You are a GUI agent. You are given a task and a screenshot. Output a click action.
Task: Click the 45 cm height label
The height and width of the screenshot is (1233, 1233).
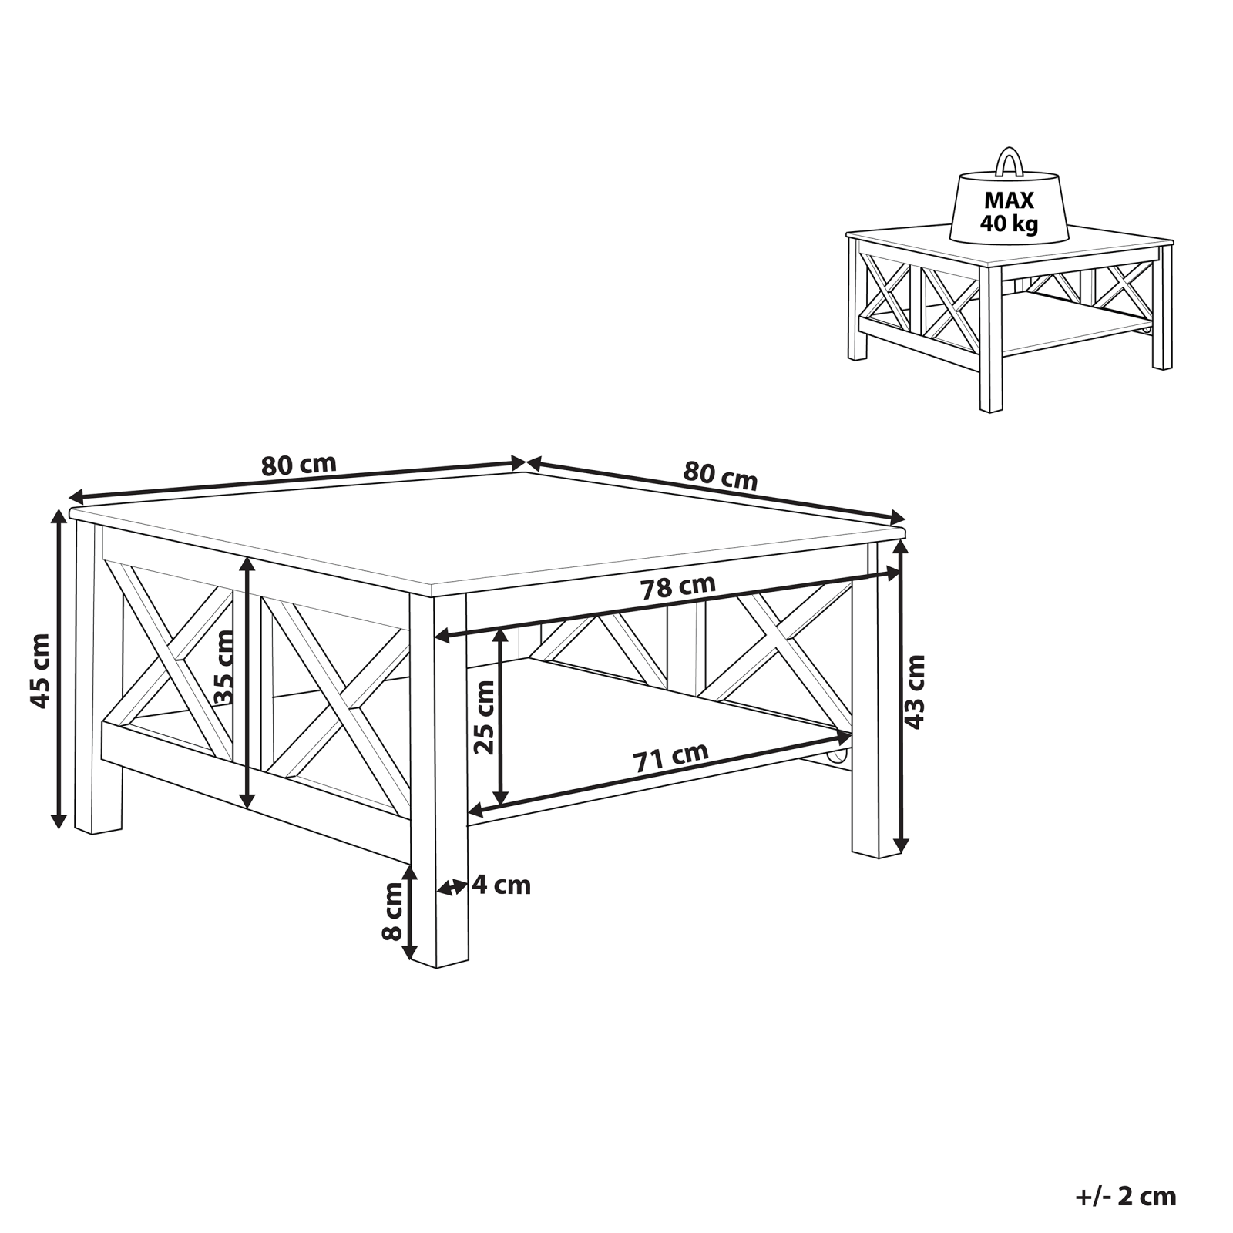tap(39, 670)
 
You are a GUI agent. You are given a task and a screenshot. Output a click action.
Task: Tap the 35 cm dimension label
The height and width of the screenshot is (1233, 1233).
tap(223, 667)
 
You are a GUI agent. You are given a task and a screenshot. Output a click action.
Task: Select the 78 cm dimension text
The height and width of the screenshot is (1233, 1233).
tap(679, 586)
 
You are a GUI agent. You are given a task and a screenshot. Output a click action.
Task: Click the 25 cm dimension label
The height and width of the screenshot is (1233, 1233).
tap(485, 717)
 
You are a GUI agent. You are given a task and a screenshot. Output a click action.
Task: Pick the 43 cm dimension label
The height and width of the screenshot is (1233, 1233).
tap(915, 691)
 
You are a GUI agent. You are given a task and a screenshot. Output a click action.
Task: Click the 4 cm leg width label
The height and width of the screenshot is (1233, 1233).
tap(502, 885)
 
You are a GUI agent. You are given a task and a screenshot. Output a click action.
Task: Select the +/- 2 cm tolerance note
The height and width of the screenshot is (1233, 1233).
tap(1126, 1196)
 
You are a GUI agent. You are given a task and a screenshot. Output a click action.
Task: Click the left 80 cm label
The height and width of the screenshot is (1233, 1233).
tap(299, 465)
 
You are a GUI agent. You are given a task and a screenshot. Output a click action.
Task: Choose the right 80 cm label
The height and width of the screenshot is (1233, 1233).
tap(721, 475)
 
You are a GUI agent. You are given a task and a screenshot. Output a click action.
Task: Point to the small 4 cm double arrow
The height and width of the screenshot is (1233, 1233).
tap(452, 887)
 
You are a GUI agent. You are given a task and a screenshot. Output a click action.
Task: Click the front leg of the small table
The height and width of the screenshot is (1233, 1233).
tap(991, 340)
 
